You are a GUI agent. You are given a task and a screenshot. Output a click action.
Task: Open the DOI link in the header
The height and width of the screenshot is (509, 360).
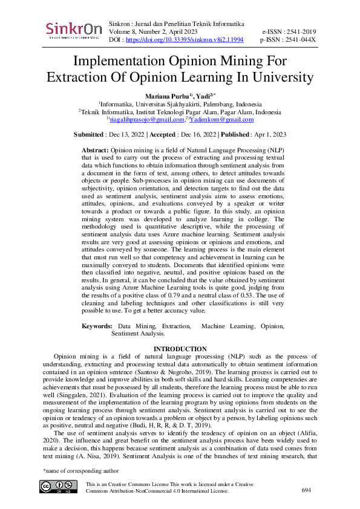[x=185, y=39]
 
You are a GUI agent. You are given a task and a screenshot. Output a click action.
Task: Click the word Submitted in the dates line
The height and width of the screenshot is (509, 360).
[x=88, y=134]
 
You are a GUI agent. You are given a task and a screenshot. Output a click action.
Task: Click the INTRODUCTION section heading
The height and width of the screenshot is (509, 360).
[x=180, y=349]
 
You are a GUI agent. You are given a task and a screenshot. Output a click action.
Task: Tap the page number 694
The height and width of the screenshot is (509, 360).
[x=306, y=490]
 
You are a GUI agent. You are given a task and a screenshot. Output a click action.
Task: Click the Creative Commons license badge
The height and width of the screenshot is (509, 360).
[x=58, y=487]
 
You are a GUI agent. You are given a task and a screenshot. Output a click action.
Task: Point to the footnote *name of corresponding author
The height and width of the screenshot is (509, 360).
[x=78, y=470]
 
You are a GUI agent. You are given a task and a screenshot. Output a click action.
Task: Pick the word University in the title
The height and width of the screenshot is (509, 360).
[x=275, y=78]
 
